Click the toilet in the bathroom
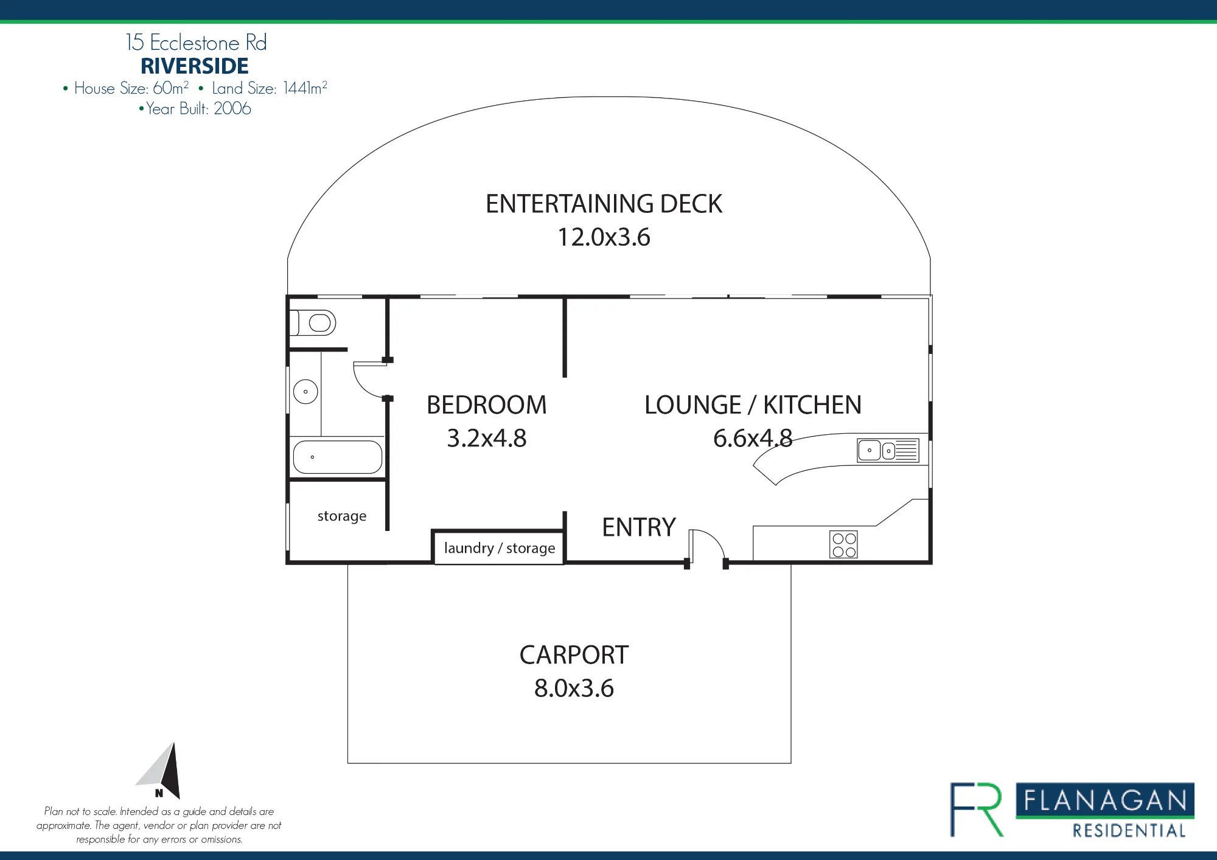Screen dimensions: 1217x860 [x=313, y=322]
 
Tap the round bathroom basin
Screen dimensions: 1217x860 [x=305, y=392]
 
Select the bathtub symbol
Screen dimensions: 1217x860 [x=338, y=457]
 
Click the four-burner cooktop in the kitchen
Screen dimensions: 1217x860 [x=844, y=545]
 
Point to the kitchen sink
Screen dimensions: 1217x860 [x=888, y=451]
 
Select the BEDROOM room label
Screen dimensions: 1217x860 [x=487, y=405]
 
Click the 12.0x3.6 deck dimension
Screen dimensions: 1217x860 [x=604, y=237]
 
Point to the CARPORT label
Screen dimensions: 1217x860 [x=574, y=655]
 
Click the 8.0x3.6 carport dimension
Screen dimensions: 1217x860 [x=574, y=688]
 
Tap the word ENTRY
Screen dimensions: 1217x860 [x=639, y=527]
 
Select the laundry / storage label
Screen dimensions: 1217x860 [x=500, y=548]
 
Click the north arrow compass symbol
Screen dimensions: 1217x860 [x=161, y=770]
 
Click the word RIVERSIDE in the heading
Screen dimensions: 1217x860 [x=195, y=66]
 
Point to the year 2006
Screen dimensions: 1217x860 [x=232, y=108]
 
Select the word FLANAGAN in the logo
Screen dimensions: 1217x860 [x=1105, y=800]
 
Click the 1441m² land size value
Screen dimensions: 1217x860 [x=305, y=88]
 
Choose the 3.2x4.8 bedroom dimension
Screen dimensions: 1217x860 [x=487, y=439]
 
